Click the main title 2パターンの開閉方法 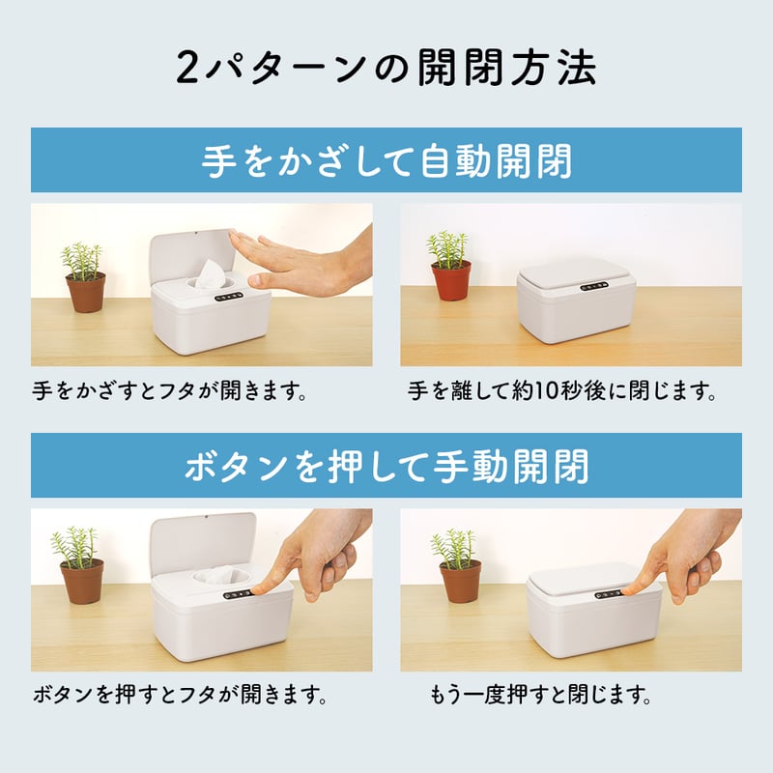(x=386, y=68)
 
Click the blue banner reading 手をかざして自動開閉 (x=386, y=159)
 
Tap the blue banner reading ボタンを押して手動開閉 (x=386, y=466)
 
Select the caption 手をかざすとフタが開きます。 (x=170, y=391)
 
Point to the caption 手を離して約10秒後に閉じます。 (x=562, y=391)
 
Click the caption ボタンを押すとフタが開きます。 (x=181, y=695)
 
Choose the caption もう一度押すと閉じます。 (x=541, y=695)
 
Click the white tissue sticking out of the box (x=211, y=273)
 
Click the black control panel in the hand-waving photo (x=229, y=298)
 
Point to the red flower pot (x=450, y=281)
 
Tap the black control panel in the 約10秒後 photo (x=594, y=285)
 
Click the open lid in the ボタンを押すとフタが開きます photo (x=202, y=542)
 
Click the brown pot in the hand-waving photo (x=86, y=293)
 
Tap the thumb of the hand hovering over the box (x=267, y=281)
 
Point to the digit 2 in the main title (x=186, y=68)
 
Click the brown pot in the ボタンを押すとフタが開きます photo (x=82, y=582)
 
